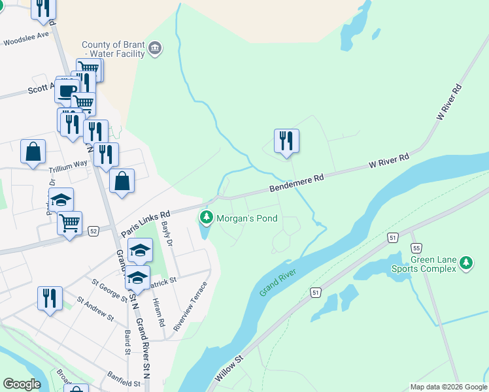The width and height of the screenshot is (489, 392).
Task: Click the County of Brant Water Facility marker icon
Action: [x=156, y=48]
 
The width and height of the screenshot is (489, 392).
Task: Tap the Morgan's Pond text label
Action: [x=247, y=218]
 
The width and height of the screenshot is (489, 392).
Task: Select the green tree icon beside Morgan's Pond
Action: [x=207, y=217]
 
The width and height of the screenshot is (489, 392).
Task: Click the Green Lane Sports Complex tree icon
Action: [x=466, y=263]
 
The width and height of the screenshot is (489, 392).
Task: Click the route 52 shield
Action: [x=93, y=231]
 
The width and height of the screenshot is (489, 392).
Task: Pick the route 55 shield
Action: [x=416, y=248]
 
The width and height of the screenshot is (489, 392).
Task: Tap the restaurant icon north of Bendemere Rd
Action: [x=286, y=140]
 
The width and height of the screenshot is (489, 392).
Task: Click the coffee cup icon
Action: [x=66, y=90]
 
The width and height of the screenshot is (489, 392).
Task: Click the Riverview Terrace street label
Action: [x=190, y=306]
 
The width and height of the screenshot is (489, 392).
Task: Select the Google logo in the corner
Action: [x=22, y=384]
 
